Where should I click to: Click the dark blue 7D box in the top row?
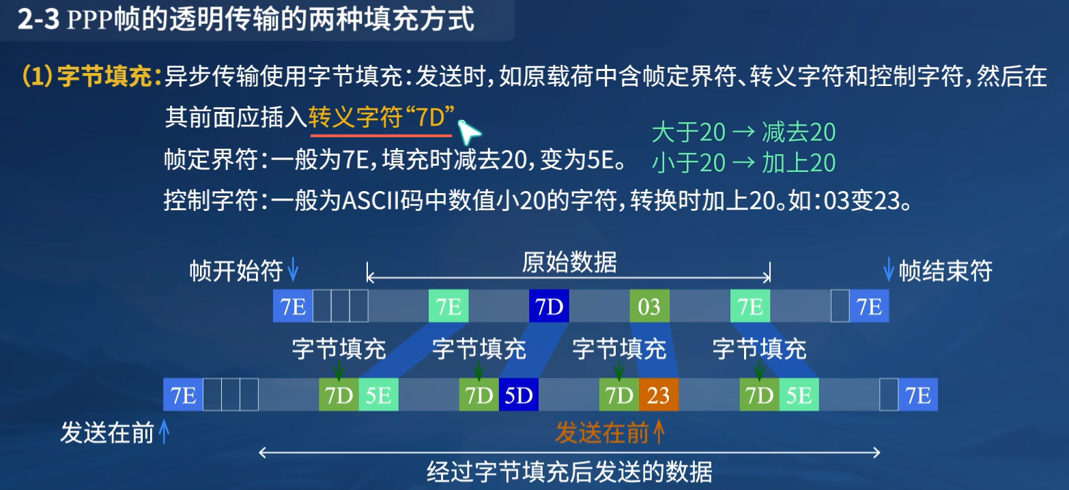[x=549, y=306]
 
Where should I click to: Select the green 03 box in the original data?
[x=649, y=306]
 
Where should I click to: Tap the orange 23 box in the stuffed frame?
[x=658, y=394]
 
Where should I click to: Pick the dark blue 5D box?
[x=518, y=394]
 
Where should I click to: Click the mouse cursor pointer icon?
[x=469, y=132]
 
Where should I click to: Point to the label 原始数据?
[x=569, y=263]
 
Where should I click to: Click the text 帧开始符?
[x=236, y=271]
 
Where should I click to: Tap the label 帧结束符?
[x=945, y=271]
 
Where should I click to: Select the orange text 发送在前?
[x=602, y=433]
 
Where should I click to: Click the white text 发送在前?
[x=107, y=433]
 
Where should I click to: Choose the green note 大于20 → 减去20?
[x=743, y=132]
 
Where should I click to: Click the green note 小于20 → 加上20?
[x=743, y=162]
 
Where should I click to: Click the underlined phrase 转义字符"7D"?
[x=382, y=117]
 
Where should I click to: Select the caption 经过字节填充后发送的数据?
[x=569, y=472]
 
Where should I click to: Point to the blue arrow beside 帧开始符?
[x=293, y=269]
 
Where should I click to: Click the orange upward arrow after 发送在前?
[x=659, y=432]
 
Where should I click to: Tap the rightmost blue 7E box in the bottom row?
[x=917, y=394]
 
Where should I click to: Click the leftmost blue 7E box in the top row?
[x=293, y=306]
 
